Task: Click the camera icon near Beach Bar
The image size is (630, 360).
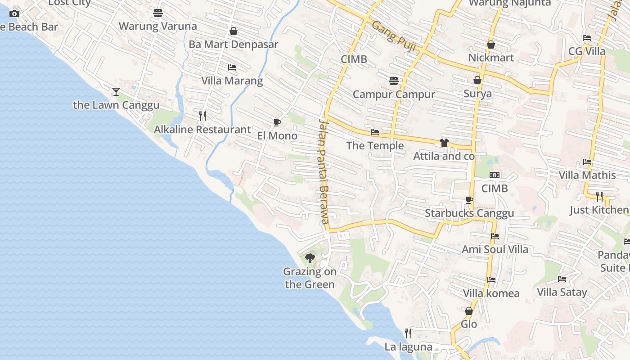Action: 14,13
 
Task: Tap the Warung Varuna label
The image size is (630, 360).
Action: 157,26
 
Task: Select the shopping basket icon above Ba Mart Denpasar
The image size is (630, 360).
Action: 234,31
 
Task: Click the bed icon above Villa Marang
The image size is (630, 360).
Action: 232,67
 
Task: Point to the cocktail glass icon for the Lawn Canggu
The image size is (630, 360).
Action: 116,92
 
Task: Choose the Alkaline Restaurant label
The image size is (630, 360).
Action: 202,130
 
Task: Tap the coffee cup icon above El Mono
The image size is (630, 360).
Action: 277,122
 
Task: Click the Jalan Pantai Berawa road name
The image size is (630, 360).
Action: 324,171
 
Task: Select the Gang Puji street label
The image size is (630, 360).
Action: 394,36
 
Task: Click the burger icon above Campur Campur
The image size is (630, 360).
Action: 394,81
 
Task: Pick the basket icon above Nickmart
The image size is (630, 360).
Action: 491,45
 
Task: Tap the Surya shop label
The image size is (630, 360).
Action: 477,94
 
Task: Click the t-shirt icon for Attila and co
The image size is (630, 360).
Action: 444,143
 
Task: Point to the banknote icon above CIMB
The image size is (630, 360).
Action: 495,175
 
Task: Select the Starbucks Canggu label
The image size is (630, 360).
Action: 469,213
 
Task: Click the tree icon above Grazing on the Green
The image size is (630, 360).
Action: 310,258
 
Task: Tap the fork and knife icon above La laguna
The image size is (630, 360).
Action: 408,333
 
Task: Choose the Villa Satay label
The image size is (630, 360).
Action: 562,292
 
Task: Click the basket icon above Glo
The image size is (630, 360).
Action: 469,311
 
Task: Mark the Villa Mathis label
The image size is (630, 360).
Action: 587,175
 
